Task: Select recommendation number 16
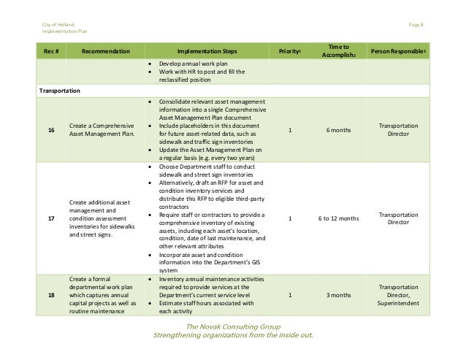51,130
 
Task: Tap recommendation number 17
51,217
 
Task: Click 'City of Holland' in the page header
58,26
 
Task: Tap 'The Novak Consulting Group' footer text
232,326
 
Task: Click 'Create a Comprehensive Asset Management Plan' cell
102,130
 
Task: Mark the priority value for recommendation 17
289,217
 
